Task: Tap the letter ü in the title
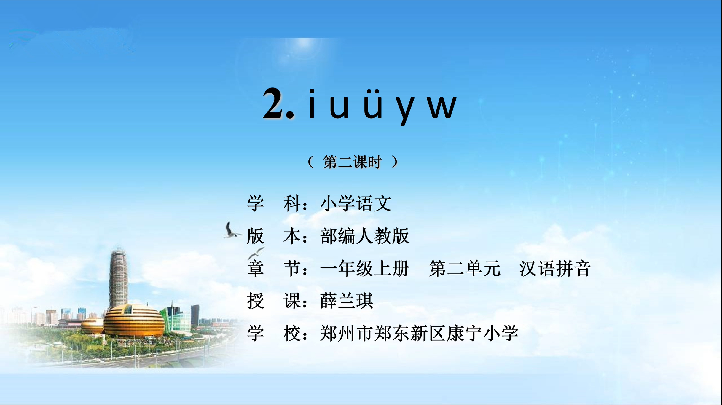click(x=373, y=104)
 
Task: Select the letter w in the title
click(x=442, y=107)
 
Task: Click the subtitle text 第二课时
click(x=352, y=162)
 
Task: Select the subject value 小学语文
click(x=356, y=203)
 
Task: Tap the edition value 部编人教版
click(x=365, y=236)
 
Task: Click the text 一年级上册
click(x=365, y=269)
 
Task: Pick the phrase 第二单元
click(x=465, y=269)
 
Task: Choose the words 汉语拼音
click(x=555, y=269)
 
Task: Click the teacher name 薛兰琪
click(x=347, y=301)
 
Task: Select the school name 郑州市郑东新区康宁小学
click(x=419, y=333)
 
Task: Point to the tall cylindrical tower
click(x=118, y=279)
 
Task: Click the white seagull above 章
click(x=256, y=253)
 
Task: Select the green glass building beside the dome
click(x=176, y=319)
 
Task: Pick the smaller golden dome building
click(x=92, y=326)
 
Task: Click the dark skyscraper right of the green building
click(x=195, y=315)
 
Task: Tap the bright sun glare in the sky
click(x=303, y=44)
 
